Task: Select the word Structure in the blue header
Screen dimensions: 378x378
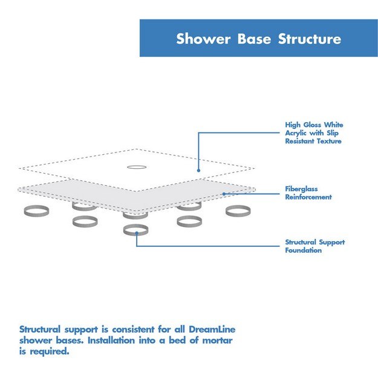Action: pyautogui.click(x=310, y=39)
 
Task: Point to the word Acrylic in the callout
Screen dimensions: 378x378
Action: pyautogui.click(x=298, y=133)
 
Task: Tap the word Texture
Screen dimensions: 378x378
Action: pyautogui.click(x=331, y=141)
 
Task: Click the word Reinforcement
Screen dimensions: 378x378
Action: pyautogui.click(x=308, y=197)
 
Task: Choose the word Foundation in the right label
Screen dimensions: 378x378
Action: pyautogui.click(x=304, y=250)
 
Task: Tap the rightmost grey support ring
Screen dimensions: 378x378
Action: pyautogui.click(x=238, y=211)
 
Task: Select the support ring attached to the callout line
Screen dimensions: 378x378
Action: pyautogui.click(x=136, y=230)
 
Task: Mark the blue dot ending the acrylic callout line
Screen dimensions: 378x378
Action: pyautogui.click(x=198, y=171)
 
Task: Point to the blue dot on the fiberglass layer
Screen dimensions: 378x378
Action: pyautogui.click(x=223, y=194)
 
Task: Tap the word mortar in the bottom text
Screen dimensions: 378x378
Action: pyautogui.click(x=215, y=341)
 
